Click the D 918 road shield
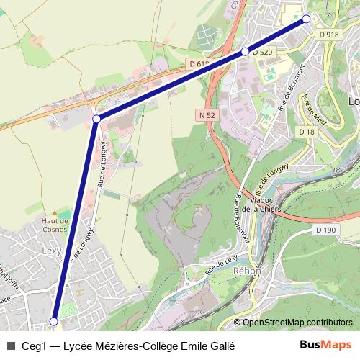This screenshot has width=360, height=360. (328, 34)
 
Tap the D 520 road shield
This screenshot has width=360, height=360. (264, 52)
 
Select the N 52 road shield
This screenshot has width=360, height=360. (207, 114)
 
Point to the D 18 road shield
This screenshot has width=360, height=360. (306, 132)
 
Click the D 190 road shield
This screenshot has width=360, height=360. (325, 230)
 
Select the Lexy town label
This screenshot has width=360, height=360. (51, 251)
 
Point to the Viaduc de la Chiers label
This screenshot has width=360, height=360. (260, 204)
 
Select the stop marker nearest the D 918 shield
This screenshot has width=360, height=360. (306, 19)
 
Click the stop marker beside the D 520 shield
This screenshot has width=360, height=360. (246, 51)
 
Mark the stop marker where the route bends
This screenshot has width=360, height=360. (96, 119)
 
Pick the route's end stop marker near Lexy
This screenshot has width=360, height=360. (53, 321)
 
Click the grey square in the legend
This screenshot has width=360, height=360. (10, 346)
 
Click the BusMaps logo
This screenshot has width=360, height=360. (325, 345)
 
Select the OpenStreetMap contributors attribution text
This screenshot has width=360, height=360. (297, 322)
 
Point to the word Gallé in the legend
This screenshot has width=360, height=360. (222, 346)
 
